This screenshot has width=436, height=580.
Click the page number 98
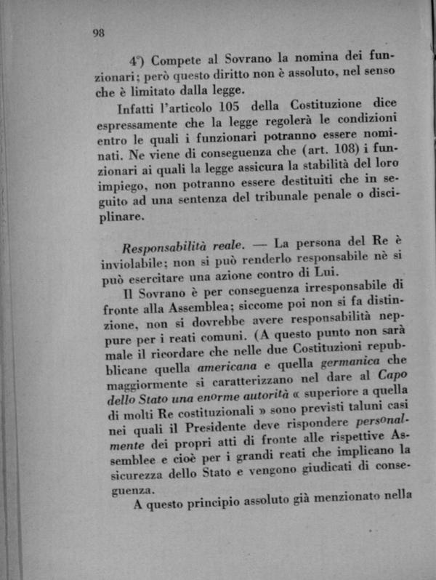click(100, 32)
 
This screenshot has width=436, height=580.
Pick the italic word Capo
click(397, 384)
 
